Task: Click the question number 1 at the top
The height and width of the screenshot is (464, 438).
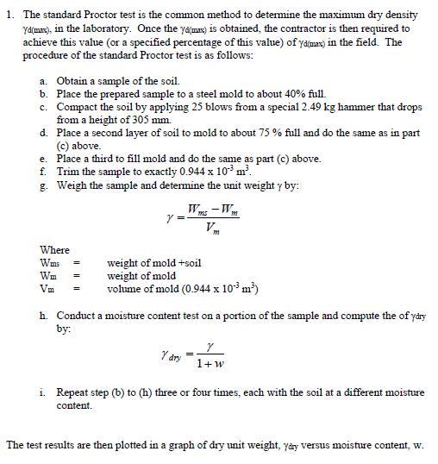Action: pos(9,16)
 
